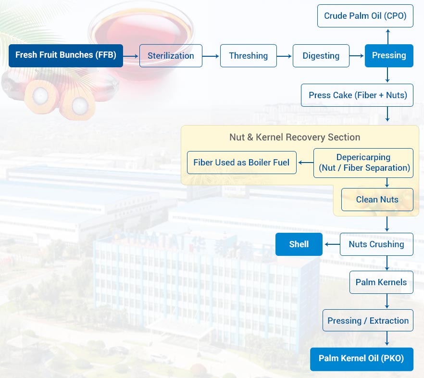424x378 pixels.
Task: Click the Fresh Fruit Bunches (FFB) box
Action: (x=66, y=55)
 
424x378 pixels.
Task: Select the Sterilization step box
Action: (x=171, y=56)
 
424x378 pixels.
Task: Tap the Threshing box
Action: (x=249, y=56)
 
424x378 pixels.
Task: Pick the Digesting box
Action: (x=321, y=56)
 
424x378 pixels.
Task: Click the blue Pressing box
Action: (x=389, y=56)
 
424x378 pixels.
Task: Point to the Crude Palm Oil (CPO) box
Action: (x=365, y=16)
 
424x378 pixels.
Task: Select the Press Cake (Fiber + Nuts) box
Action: (x=357, y=95)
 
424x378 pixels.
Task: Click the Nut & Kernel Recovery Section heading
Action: (x=295, y=137)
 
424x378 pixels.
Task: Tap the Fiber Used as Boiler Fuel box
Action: (x=241, y=163)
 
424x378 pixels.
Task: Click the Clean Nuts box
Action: (x=377, y=200)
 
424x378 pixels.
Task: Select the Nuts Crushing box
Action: (x=376, y=244)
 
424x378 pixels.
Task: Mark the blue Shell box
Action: (x=299, y=244)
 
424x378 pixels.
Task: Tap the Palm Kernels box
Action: (x=381, y=282)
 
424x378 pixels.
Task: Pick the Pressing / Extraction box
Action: (x=368, y=321)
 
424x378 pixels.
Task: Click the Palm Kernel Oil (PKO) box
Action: (x=362, y=359)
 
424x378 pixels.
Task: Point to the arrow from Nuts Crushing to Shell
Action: (x=331, y=244)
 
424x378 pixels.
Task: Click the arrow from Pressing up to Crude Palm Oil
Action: (x=387, y=36)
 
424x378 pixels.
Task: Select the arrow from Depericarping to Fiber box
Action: (x=305, y=163)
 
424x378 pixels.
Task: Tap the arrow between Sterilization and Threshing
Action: (x=211, y=56)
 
